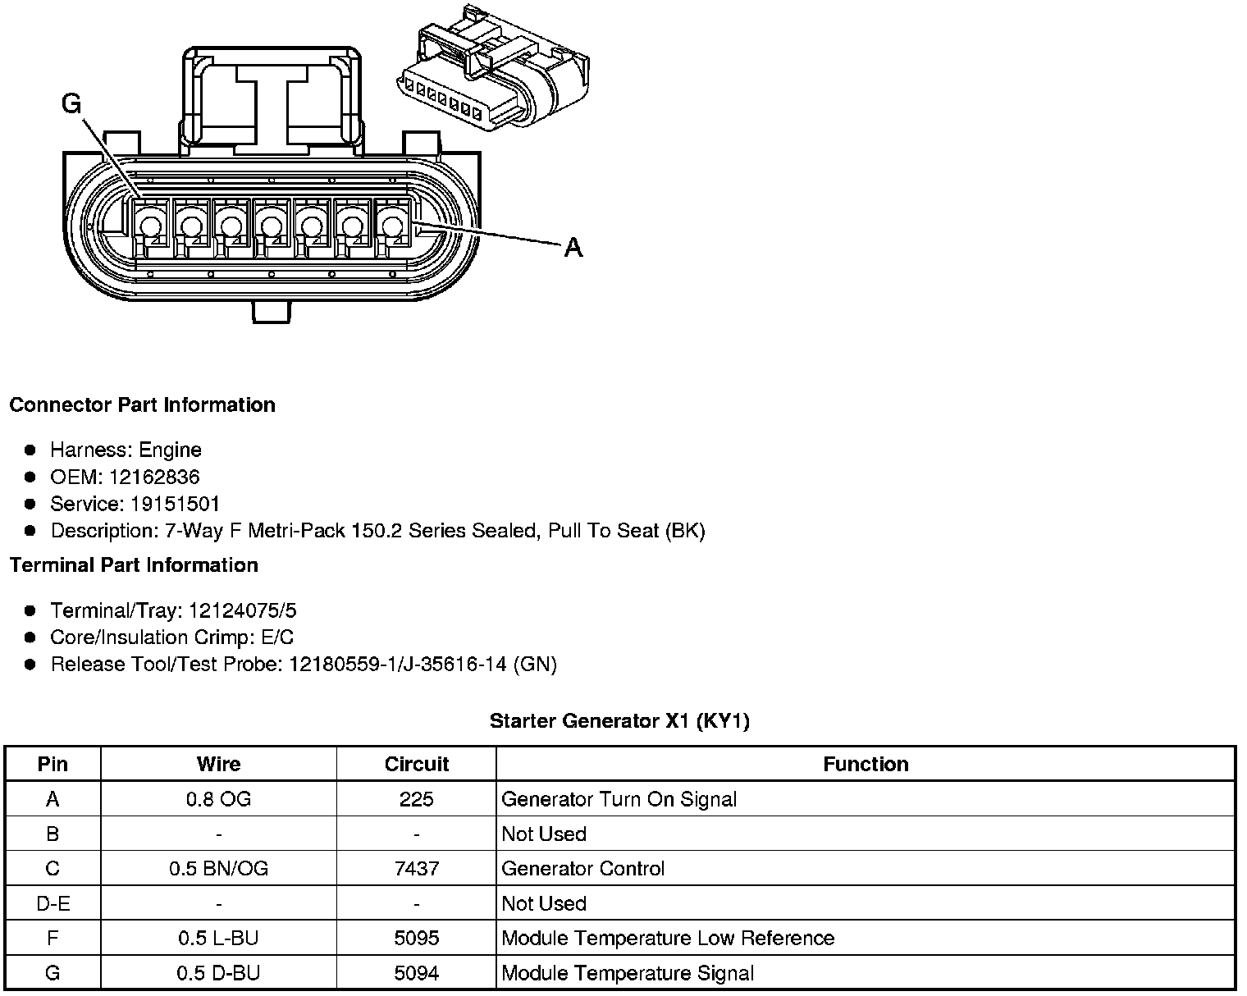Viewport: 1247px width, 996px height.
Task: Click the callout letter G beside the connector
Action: coord(72,104)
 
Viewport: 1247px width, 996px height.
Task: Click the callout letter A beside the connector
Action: coord(573,247)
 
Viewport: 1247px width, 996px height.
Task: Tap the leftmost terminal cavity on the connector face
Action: coord(149,224)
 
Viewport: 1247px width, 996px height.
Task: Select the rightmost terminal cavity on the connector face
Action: coord(392,224)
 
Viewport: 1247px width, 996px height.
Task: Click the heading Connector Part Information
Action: coord(142,405)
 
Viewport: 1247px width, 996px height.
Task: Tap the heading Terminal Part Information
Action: coord(134,565)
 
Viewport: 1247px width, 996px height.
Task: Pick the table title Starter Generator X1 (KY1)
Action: coord(619,721)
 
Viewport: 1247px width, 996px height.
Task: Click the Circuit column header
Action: coord(417,765)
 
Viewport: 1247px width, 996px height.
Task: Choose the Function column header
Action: coord(866,765)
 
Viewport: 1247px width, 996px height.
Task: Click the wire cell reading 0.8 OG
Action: coord(218,799)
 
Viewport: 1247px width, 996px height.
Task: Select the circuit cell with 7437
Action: coord(417,868)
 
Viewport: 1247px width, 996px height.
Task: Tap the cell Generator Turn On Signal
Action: coord(619,799)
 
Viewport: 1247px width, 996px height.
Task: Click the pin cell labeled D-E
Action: coord(53,903)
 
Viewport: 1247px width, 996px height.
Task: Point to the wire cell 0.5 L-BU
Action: coord(218,938)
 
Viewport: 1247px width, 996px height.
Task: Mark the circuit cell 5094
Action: coord(417,973)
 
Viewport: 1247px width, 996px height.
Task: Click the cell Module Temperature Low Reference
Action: coord(667,938)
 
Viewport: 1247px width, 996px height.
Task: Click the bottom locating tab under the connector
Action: coord(271,312)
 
